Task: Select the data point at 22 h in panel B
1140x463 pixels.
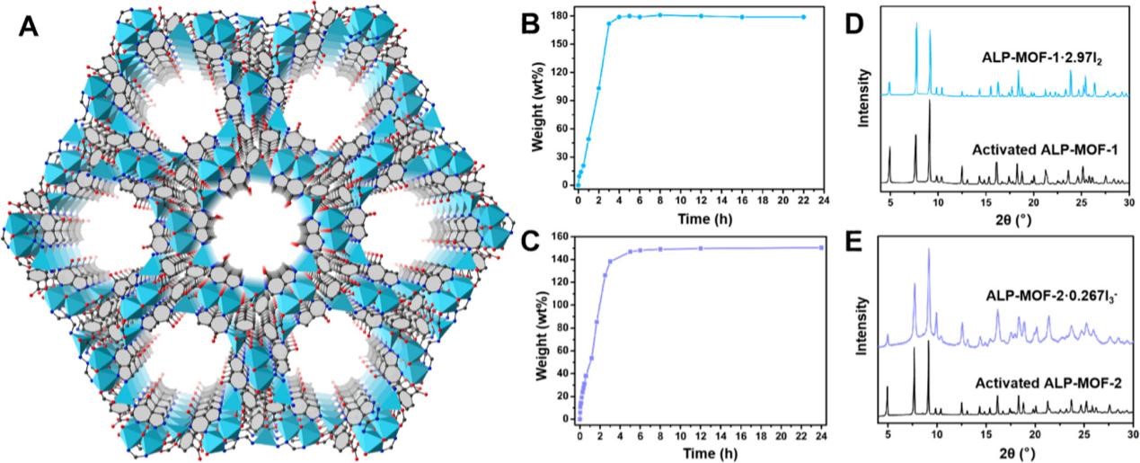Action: click(803, 17)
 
